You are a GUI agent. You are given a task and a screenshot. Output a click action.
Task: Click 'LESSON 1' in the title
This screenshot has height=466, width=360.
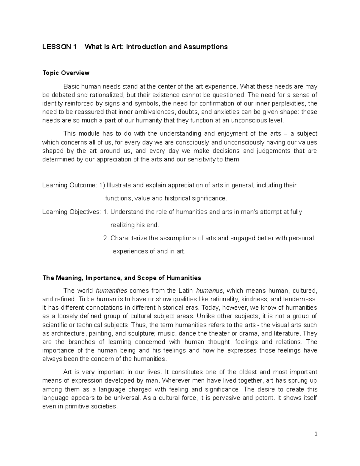[x=59, y=47]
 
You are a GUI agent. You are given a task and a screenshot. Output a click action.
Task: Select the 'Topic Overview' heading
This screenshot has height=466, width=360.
[x=66, y=73]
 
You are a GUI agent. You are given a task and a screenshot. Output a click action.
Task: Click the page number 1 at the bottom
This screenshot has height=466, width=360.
[x=316, y=434]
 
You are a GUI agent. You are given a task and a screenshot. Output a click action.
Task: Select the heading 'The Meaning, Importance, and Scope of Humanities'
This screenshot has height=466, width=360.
[x=121, y=278]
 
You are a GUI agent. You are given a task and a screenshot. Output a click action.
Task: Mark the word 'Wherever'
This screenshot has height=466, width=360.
[x=174, y=381]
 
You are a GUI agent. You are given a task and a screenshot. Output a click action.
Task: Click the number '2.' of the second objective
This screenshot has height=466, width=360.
[x=106, y=238]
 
